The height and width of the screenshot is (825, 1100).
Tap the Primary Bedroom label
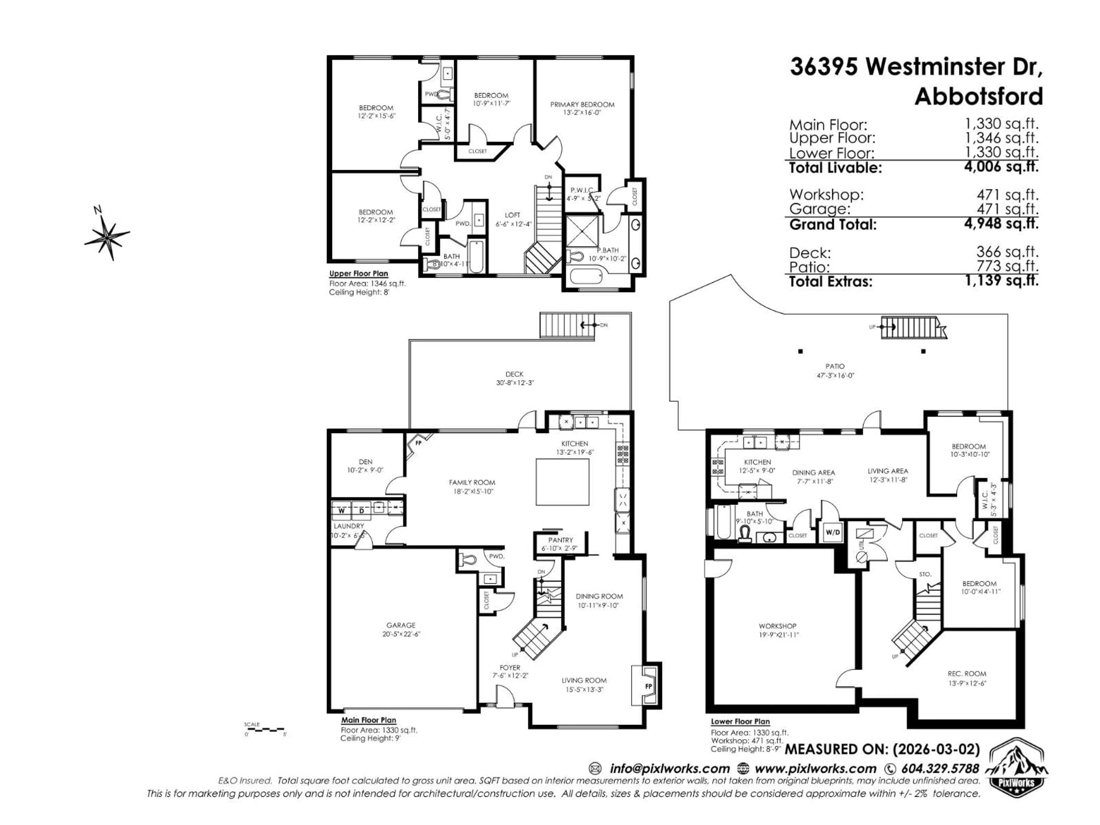click(x=582, y=105)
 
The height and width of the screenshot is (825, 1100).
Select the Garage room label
click(x=401, y=625)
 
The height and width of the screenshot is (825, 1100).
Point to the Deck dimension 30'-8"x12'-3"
click(x=515, y=383)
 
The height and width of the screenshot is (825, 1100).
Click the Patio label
click(x=835, y=366)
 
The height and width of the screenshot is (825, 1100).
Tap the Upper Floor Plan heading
click(x=359, y=274)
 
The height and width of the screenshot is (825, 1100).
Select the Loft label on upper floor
click(x=512, y=215)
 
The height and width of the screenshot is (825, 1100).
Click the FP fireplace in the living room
click(x=648, y=686)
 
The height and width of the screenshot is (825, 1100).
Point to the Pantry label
click(x=560, y=540)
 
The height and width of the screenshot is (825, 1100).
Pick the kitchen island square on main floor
click(x=562, y=481)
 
